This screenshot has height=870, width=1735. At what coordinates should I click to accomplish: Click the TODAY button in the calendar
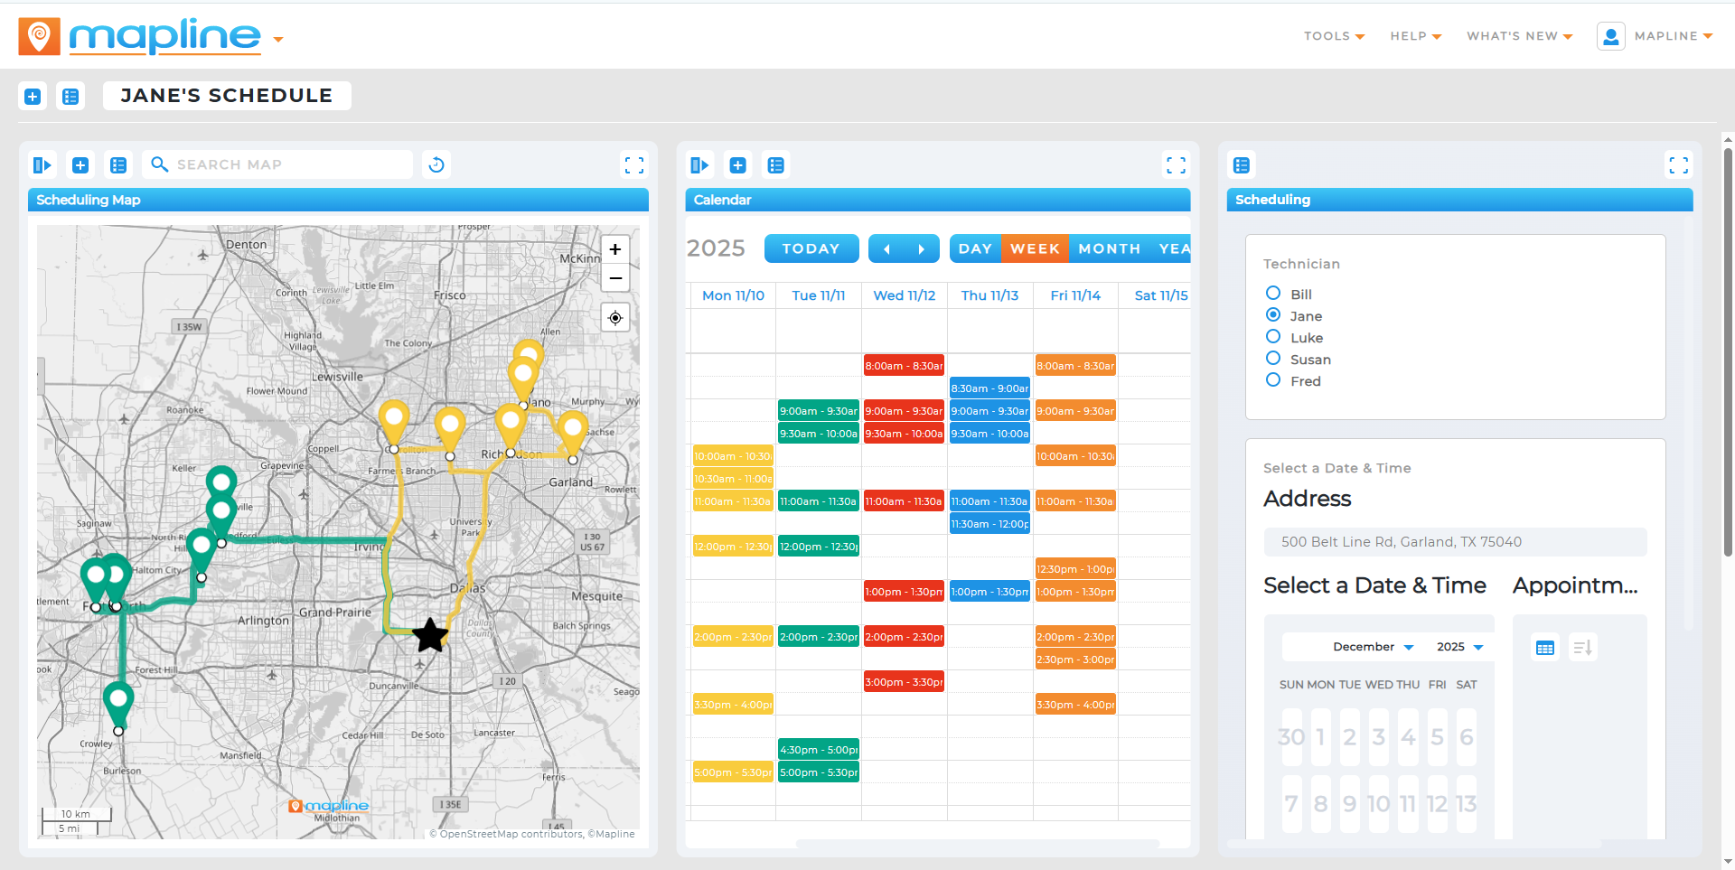[x=811, y=248]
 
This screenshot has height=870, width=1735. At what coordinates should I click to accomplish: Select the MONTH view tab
[x=1109, y=248]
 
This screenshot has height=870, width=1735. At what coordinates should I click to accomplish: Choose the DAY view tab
[x=975, y=248]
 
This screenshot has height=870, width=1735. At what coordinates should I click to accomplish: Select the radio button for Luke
[x=1273, y=337]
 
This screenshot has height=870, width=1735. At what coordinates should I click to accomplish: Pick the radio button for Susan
[x=1273, y=359]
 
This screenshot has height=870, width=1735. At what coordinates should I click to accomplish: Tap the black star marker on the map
[x=430, y=635]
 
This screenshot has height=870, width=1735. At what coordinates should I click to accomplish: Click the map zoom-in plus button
[x=615, y=249]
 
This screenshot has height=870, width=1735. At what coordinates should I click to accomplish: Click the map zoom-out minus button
[x=615, y=278]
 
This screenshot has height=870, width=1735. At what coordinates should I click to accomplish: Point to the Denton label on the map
[x=246, y=245]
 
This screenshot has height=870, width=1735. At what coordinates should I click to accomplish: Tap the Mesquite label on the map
[x=596, y=596]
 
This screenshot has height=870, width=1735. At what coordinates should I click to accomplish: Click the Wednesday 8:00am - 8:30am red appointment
[x=904, y=366]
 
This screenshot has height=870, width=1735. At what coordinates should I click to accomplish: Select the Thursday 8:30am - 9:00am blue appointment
[x=989, y=388]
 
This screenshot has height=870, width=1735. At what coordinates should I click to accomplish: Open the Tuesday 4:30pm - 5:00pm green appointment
[x=818, y=750]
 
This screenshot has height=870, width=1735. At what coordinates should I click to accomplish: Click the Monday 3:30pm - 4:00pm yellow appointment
[x=733, y=705]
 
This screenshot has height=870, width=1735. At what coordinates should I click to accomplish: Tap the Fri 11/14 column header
[x=1075, y=295]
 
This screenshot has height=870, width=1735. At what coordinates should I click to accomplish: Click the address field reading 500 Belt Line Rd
[x=1455, y=542]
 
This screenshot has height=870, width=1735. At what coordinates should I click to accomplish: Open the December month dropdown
[x=1373, y=647]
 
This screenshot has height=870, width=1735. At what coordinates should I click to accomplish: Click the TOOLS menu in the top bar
[x=1334, y=36]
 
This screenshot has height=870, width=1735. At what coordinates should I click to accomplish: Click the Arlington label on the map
[x=263, y=621]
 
